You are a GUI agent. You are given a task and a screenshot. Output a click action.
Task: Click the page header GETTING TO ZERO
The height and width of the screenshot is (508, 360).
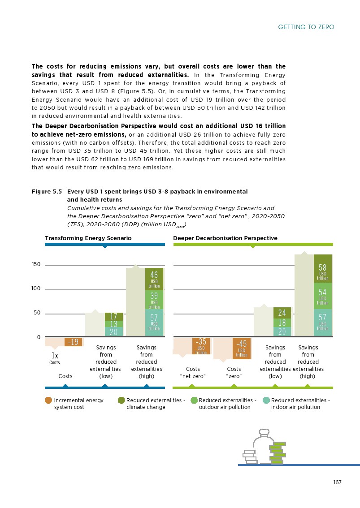tap(306, 27)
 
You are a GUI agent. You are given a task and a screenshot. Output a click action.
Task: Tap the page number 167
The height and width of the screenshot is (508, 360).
tap(337, 482)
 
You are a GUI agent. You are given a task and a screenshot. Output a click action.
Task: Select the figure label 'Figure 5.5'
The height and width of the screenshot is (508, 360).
tap(46, 191)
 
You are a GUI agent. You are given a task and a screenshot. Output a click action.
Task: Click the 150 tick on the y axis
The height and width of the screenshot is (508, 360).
tap(36, 265)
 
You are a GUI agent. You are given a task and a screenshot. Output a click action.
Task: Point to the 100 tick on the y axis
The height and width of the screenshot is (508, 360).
tap(36, 289)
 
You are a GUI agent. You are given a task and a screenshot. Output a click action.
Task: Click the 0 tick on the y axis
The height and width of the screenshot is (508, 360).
tap(39, 337)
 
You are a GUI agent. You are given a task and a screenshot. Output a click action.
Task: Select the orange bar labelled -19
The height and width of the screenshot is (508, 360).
tap(74, 342)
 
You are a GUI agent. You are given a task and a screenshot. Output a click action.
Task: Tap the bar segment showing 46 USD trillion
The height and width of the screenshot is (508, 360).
tap(154, 279)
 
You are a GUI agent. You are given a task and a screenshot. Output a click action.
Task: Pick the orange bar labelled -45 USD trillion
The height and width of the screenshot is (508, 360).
tap(241, 348)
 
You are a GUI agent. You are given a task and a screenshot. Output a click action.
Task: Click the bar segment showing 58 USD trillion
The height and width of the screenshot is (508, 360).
tap(322, 269)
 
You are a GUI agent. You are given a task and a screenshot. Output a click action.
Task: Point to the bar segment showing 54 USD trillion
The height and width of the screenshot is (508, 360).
tap(322, 296)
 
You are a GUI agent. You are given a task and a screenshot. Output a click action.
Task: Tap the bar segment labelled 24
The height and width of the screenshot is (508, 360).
tap(282, 313)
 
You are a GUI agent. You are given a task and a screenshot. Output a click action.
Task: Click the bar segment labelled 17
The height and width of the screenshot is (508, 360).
tap(113, 316)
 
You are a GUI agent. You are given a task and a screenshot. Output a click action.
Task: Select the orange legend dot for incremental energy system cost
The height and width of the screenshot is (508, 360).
tap(48, 400)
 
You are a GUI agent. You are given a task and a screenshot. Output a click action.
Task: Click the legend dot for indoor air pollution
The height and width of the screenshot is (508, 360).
tap(266, 400)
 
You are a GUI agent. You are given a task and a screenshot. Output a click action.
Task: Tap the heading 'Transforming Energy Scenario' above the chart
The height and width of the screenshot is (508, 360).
tap(88, 238)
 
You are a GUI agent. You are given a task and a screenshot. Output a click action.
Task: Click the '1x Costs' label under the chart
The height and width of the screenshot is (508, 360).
tap(54, 358)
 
